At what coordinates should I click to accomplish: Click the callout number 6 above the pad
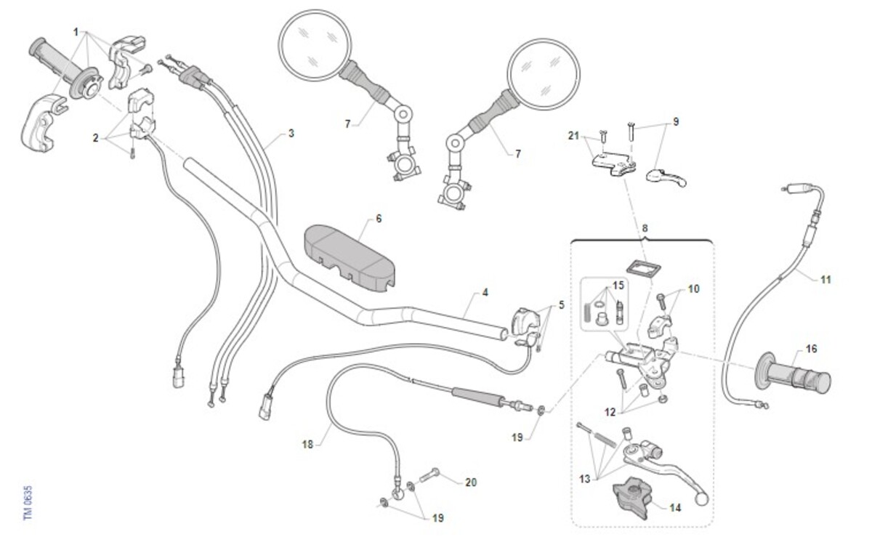coord(379,218)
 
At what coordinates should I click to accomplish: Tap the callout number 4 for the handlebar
coord(485,293)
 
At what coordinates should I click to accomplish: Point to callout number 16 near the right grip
coord(811,350)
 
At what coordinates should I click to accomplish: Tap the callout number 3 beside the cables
coord(291,134)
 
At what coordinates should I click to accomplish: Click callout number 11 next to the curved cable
coord(825,279)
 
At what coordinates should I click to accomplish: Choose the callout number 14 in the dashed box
coord(675,508)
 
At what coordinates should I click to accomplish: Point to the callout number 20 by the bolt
coord(471,482)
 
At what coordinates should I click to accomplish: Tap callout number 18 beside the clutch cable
coord(307,443)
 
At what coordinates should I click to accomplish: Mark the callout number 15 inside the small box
coord(618,285)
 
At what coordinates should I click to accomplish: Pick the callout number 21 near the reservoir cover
coord(574,136)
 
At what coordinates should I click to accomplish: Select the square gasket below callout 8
coord(639,267)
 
